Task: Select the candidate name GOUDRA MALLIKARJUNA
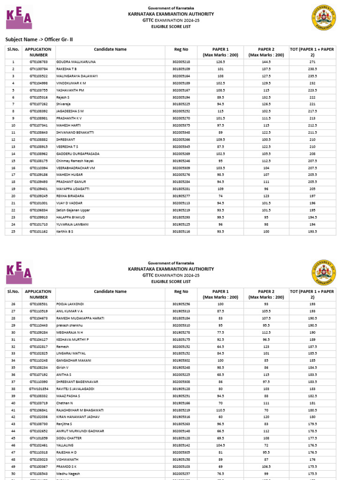(76, 62)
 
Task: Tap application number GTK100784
(39, 69)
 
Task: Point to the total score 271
(312, 62)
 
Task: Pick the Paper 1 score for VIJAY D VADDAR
(221, 203)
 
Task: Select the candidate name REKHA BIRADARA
(70, 196)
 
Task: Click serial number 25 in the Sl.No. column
(13, 231)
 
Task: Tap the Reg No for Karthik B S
(181, 231)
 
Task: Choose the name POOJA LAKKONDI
(71, 304)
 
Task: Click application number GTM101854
(39, 389)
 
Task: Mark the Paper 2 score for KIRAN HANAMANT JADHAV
(266, 417)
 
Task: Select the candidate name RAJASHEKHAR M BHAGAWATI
(80, 410)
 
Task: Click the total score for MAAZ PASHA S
(312, 396)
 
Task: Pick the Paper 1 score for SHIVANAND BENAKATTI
(221, 133)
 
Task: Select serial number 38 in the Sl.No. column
(13, 389)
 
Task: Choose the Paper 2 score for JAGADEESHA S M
(266, 111)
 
